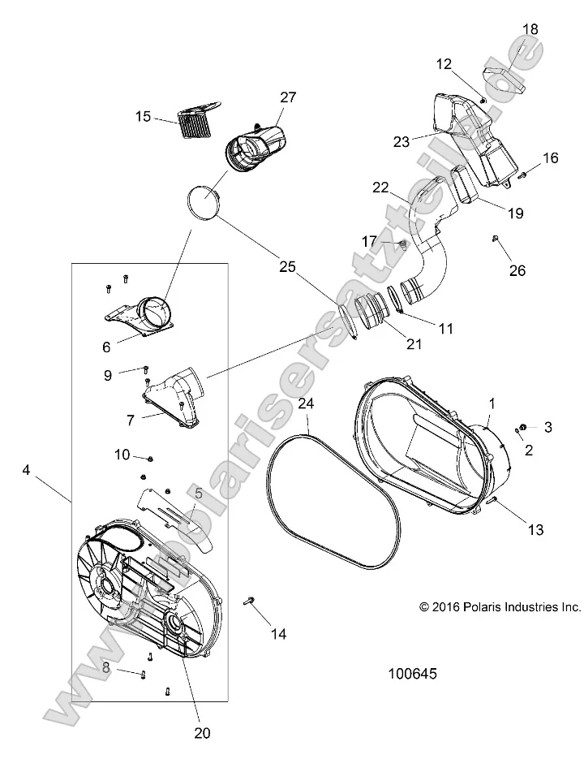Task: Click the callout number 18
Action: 529,29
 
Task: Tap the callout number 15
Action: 143,117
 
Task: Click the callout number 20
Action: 202,733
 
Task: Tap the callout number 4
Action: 27,470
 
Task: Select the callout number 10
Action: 121,455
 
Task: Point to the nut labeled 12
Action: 483,99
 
